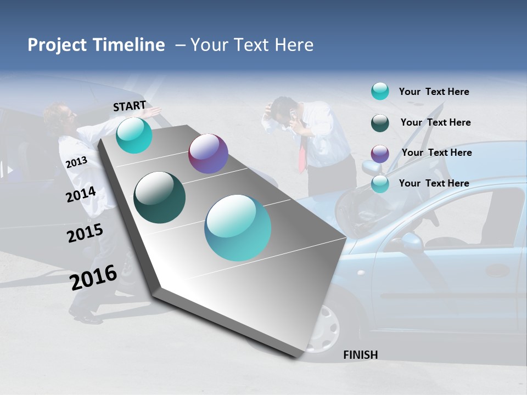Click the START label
pos(130,105)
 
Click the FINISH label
pos(361,355)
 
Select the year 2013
pos(76,162)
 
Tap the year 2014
pos(81,194)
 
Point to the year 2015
pos(85,233)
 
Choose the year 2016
pos(93,277)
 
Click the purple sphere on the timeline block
pos(208,154)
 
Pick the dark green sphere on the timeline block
pos(160,198)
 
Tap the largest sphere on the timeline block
pos(238,228)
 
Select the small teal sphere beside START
pos(134,135)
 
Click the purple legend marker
pos(380,154)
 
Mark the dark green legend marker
pos(380,123)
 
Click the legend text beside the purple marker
pos(436,153)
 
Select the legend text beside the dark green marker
pos(435,122)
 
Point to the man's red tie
pos(302,155)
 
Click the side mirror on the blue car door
pos(410,241)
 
